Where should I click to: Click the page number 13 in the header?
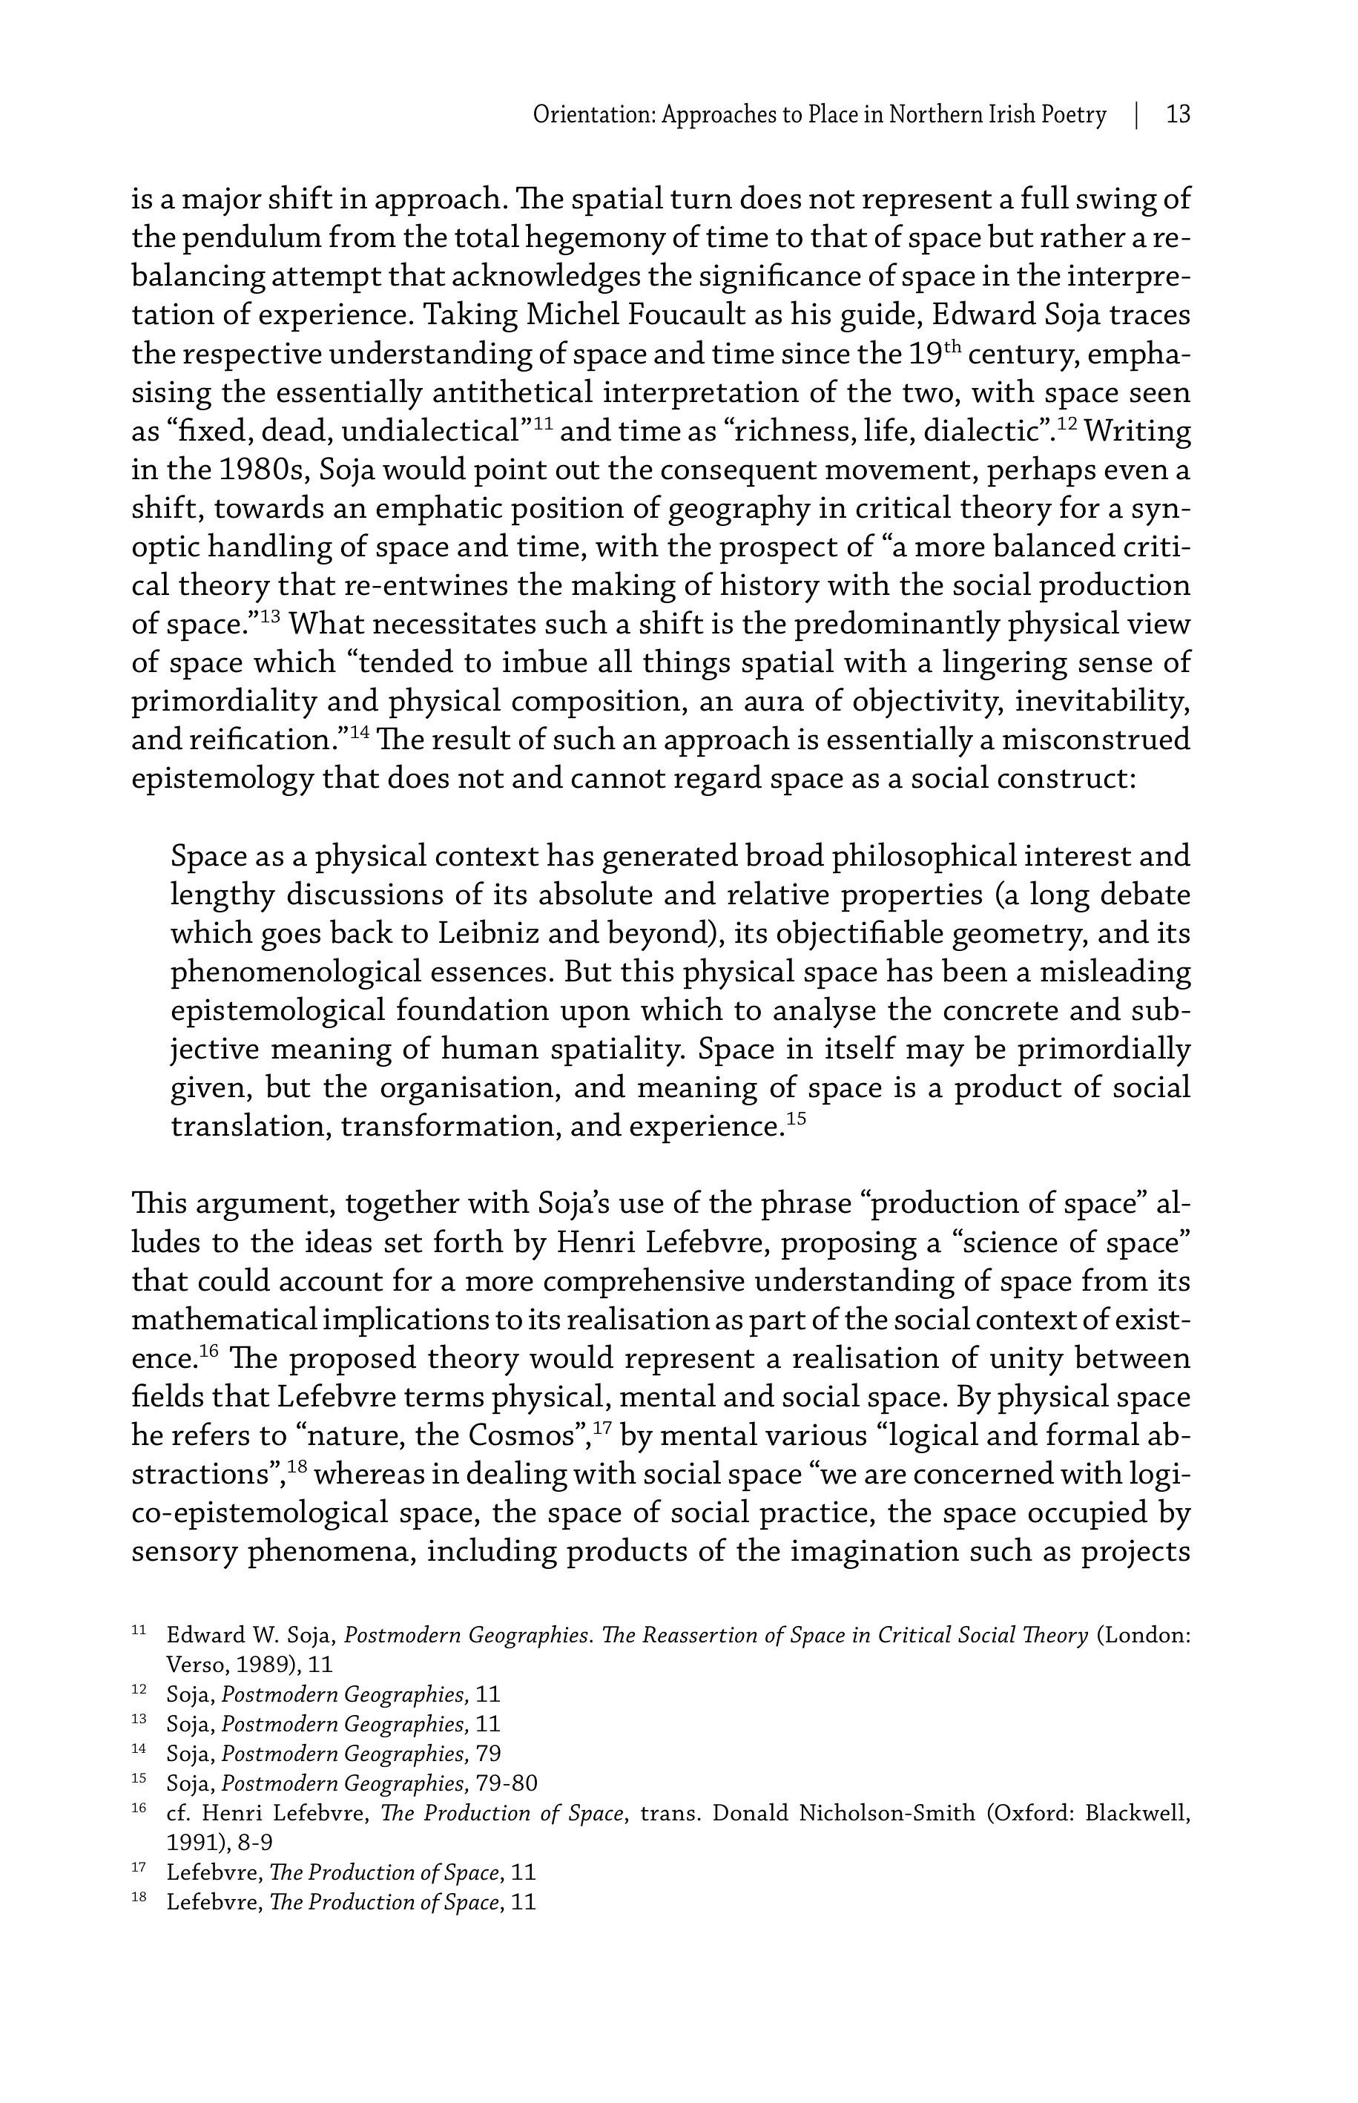[x=1178, y=115]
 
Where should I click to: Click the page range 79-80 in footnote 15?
[x=506, y=1784]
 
